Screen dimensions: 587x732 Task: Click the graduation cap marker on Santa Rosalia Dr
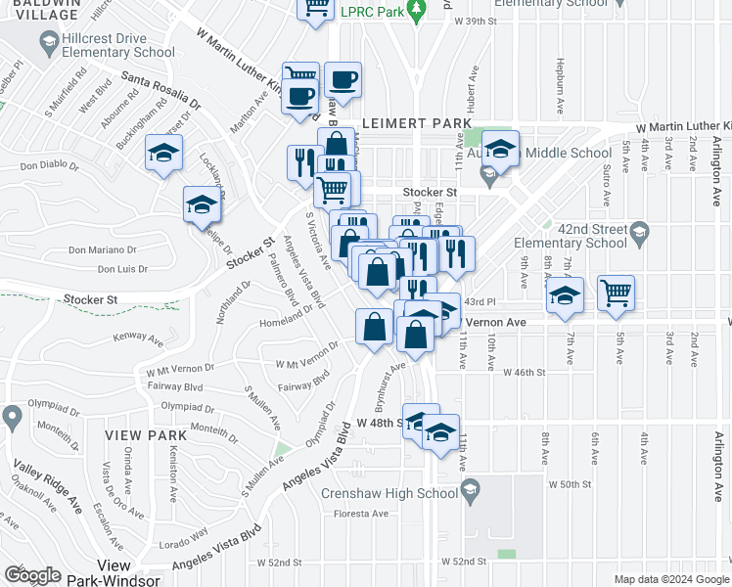click(x=163, y=154)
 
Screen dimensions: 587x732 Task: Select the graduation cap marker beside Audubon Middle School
click(x=500, y=149)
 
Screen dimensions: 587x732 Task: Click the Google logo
click(x=32, y=575)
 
